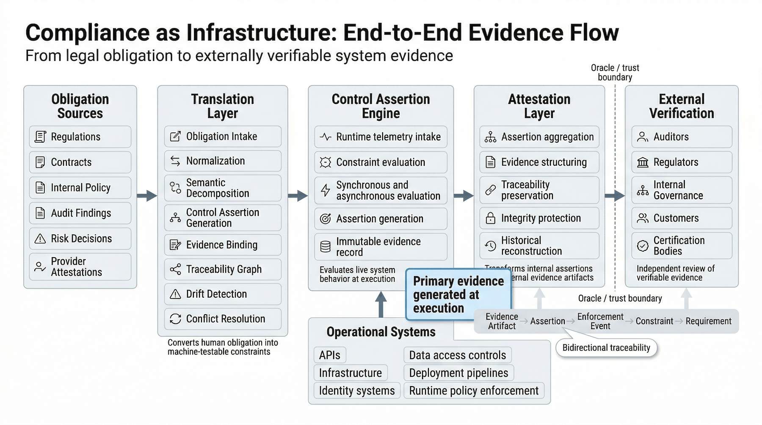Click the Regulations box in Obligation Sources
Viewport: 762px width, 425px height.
pos(80,137)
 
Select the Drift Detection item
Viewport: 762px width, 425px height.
pos(223,294)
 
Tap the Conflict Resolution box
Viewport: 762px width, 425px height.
pos(223,319)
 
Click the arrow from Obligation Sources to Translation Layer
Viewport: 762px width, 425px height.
pos(147,195)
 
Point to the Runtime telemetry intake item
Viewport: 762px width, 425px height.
pos(381,137)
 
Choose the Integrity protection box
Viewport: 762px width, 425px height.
pos(539,218)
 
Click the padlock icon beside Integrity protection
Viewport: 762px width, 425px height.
pos(490,218)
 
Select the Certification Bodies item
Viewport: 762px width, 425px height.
pos(682,246)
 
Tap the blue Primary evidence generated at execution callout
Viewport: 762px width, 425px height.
pos(458,295)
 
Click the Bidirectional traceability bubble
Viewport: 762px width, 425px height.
pos(606,348)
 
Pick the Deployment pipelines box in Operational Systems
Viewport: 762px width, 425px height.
pos(458,373)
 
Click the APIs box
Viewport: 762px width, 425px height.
pos(330,355)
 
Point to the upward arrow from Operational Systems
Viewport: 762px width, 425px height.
pos(381,304)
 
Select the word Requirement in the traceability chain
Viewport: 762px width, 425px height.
pos(708,321)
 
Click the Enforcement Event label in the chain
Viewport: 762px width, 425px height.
pos(600,321)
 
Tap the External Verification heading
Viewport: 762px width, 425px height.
pos(682,106)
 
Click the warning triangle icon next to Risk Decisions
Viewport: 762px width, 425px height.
pos(40,239)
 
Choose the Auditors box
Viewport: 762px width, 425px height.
pos(682,137)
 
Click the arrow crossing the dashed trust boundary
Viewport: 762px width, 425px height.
pos(615,195)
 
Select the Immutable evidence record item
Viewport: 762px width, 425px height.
pos(381,247)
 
